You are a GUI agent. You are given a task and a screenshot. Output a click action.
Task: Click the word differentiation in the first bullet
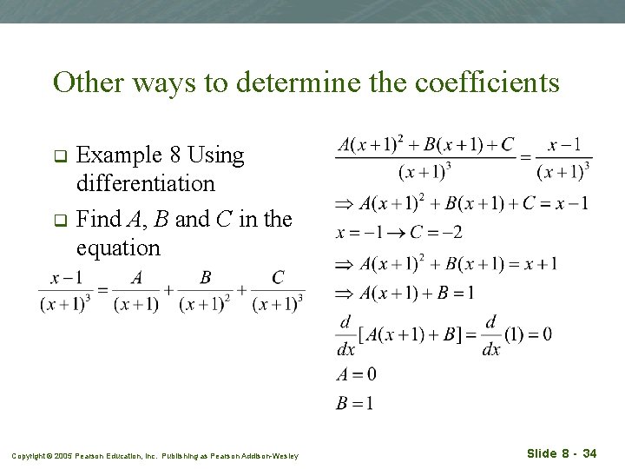(146, 183)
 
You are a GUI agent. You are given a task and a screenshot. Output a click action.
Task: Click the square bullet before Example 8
(60, 157)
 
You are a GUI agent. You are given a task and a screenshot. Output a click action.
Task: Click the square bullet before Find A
(60, 221)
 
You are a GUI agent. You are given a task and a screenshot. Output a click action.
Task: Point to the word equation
(118, 248)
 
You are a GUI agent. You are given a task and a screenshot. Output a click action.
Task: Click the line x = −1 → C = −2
(399, 232)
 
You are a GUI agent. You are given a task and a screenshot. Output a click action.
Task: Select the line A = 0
(356, 374)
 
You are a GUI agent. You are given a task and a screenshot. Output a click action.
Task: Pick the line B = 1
(356, 402)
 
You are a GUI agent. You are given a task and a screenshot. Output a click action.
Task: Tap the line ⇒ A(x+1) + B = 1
(405, 293)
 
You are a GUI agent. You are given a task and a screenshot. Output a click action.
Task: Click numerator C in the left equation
(278, 278)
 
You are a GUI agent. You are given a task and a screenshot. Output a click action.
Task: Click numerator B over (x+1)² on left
(206, 278)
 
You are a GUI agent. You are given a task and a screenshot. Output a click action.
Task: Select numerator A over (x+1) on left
(136, 278)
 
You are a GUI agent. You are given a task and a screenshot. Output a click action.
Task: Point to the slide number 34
(589, 453)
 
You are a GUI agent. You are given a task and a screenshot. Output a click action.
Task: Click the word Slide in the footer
(543, 453)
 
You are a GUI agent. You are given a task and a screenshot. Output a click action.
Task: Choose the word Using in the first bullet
(215, 155)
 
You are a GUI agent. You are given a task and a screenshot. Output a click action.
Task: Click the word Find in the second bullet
(95, 219)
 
